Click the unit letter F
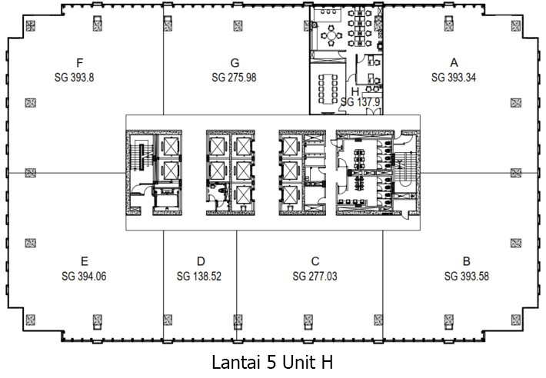pos(81,63)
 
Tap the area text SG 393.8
pos(81,77)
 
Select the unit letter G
pos(235,63)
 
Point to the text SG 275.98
pos(235,77)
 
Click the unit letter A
pos(454,63)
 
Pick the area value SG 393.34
pos(454,77)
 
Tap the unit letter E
pos(84,260)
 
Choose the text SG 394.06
pos(84,275)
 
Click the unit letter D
pos(200,260)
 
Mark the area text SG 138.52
pos(200,275)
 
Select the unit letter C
pos(315,260)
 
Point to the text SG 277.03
pos(315,275)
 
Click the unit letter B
pos(466,260)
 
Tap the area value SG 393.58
pos(466,275)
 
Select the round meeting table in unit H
pos(331,35)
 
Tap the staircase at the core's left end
pos(138,157)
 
